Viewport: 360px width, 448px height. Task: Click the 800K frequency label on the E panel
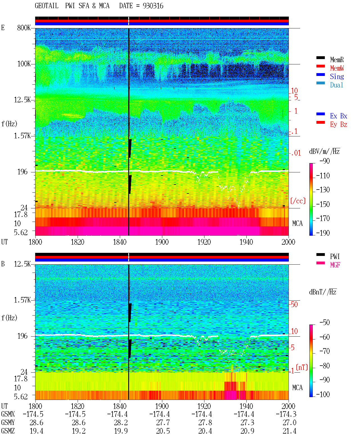tap(24, 28)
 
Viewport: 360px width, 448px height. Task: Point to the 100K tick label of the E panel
tap(24, 64)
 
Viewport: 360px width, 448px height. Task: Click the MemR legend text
tap(337, 60)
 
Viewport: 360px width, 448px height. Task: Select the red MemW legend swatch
tap(320, 66)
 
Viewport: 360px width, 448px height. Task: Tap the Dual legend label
tap(336, 85)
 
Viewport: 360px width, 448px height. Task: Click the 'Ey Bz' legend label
tap(338, 125)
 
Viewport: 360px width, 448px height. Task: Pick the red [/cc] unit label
tap(298, 201)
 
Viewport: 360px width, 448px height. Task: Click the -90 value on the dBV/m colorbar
tap(325, 161)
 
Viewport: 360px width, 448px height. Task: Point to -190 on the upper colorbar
tap(323, 233)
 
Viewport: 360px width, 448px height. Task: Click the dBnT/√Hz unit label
tap(323, 292)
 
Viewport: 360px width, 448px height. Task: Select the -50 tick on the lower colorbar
tap(325, 323)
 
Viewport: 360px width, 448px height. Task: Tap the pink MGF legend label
tap(335, 265)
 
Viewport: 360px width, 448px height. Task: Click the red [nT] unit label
tap(302, 367)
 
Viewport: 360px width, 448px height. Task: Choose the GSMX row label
tap(8, 414)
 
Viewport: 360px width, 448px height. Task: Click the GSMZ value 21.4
tap(289, 431)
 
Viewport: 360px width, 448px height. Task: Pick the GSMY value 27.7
tap(163, 423)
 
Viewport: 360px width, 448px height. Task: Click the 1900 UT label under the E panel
tap(162, 242)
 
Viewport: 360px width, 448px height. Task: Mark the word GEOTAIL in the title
tap(47, 6)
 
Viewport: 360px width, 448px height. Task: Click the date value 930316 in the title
tap(153, 6)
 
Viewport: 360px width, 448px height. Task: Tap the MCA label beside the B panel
tap(297, 388)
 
